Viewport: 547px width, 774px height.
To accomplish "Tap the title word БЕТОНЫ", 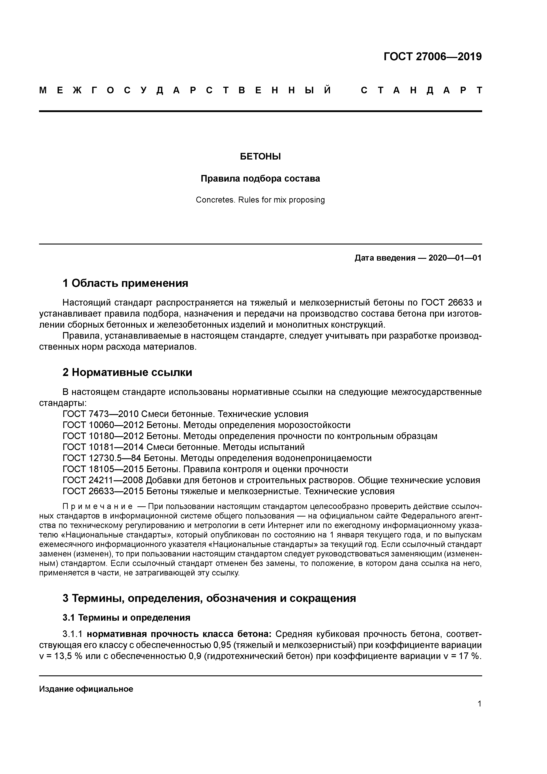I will [x=260, y=157].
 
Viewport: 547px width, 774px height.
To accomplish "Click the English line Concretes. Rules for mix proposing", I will [x=260, y=200].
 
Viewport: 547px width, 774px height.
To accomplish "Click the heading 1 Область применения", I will [x=125, y=283].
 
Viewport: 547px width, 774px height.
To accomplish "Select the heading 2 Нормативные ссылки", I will [x=127, y=372].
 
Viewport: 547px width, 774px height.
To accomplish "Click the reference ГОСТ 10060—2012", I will [x=103, y=425].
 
